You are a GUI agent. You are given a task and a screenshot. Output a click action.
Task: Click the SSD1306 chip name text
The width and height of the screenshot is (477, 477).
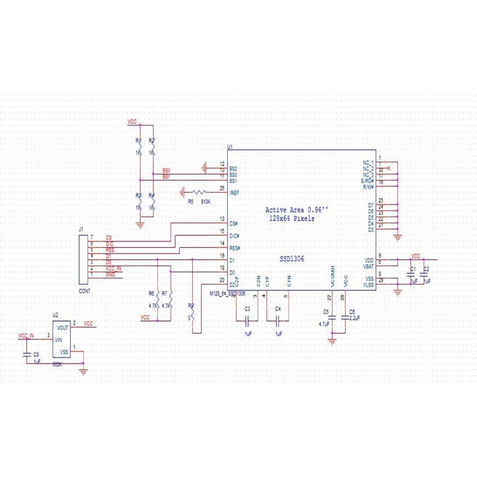pyautogui.click(x=292, y=259)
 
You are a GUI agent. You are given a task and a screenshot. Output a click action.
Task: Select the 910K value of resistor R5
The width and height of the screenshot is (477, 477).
pyautogui.click(x=206, y=202)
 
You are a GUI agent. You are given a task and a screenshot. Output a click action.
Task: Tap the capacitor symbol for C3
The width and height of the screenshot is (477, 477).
pyautogui.click(x=247, y=319)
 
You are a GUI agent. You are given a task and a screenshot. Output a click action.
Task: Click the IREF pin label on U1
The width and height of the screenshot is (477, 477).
pyautogui.click(x=234, y=193)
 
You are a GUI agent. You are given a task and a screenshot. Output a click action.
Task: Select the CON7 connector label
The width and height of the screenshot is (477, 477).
pyautogui.click(x=84, y=291)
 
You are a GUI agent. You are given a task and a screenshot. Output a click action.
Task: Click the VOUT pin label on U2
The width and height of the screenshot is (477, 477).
pyautogui.click(x=62, y=328)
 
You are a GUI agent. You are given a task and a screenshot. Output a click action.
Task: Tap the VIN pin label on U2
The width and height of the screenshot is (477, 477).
pyautogui.click(x=58, y=340)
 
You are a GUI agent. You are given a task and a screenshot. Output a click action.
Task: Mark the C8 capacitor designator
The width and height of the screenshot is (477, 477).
pyautogui.click(x=36, y=354)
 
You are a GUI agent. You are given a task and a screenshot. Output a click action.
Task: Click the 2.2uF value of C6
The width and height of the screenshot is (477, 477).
pyautogui.click(x=355, y=318)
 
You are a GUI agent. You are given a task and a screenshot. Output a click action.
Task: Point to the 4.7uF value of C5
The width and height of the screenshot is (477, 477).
pyautogui.click(x=324, y=324)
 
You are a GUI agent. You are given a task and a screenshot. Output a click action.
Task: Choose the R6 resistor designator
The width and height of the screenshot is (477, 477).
pyautogui.click(x=151, y=294)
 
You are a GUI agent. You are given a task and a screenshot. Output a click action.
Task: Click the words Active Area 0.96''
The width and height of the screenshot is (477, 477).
pyautogui.click(x=297, y=210)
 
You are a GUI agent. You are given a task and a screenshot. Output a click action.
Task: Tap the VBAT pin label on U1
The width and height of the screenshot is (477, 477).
pyautogui.click(x=368, y=266)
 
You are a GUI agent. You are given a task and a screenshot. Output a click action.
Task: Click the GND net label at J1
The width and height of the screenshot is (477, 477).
pyautogui.click(x=111, y=275)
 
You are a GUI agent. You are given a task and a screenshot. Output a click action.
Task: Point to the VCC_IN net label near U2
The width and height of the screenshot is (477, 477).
pyautogui.click(x=26, y=336)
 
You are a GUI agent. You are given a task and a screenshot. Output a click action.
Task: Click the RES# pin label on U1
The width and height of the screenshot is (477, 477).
pyautogui.click(x=235, y=248)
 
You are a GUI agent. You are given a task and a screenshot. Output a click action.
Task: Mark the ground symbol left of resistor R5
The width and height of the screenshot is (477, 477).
pyautogui.click(x=183, y=193)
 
